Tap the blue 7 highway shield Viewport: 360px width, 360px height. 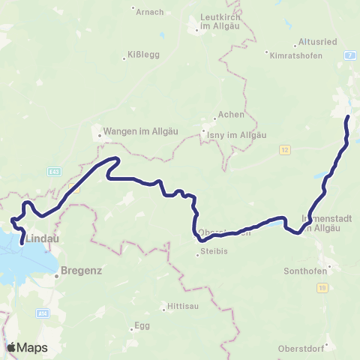click(349, 55)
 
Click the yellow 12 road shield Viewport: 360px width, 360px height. click(284, 149)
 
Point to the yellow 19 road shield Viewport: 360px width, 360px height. click(322, 287)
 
